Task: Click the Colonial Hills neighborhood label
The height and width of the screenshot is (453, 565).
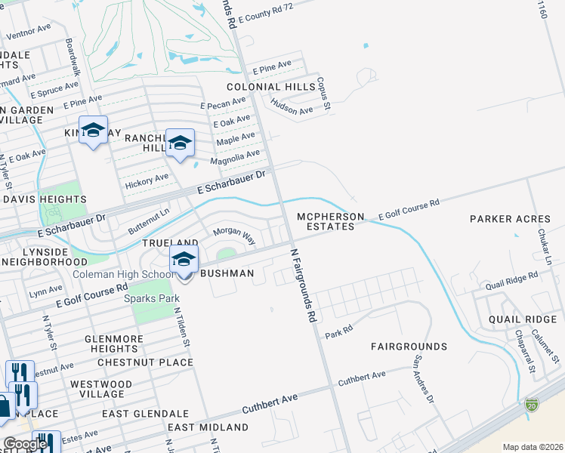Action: pyautogui.click(x=270, y=87)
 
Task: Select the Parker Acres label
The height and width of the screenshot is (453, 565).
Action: pyautogui.click(x=510, y=219)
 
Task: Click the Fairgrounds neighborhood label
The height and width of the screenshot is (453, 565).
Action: pyautogui.click(x=409, y=347)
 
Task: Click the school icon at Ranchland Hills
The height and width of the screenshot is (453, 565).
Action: pyautogui.click(x=180, y=143)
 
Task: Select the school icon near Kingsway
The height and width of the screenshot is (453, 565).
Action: pyautogui.click(x=94, y=130)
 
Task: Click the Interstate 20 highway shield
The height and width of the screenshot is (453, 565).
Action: pyautogui.click(x=532, y=405)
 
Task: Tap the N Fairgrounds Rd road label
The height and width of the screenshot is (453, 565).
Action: pyautogui.click(x=301, y=286)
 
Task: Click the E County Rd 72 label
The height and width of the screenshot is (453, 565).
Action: pyautogui.click(x=265, y=11)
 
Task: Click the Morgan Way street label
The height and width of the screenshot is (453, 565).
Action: pyautogui.click(x=233, y=234)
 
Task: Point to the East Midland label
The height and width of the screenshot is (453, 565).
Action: pyautogui.click(x=208, y=427)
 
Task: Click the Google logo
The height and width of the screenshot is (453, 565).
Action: pyautogui.click(x=26, y=444)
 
